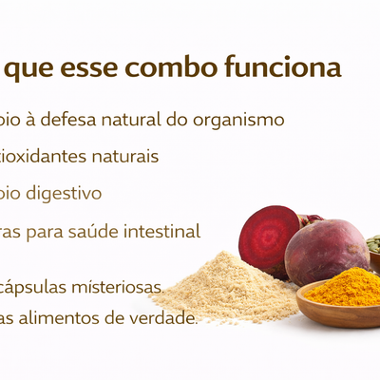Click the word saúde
[98, 231]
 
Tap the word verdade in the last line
[164, 318]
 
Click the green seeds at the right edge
[374, 244]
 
